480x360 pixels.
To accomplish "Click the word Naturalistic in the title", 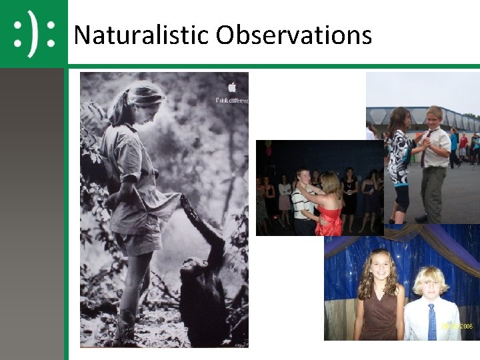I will coord(141,35).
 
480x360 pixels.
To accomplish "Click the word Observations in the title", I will coord(293,35).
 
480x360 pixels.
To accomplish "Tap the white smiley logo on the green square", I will coord(33,33).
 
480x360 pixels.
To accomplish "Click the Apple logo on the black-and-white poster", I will coord(232,87).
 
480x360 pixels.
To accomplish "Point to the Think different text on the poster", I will coord(231,100).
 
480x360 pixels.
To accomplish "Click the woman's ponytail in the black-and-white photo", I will coord(119,107).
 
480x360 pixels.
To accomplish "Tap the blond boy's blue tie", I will coord(432,319).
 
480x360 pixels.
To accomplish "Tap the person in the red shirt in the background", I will coord(463,144).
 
